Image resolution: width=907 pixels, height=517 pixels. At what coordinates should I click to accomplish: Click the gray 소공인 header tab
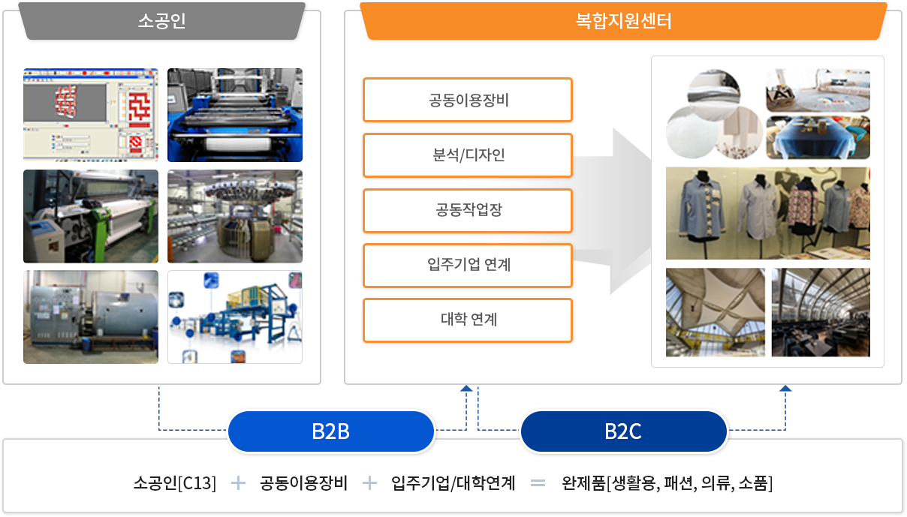tap(161, 21)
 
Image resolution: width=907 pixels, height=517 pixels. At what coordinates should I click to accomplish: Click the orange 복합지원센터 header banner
tap(623, 21)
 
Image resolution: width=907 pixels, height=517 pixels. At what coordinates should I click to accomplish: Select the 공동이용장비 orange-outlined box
tap(468, 100)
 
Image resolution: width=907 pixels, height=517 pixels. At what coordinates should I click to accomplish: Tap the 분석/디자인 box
tap(468, 155)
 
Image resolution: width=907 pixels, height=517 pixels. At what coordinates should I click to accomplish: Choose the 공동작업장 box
tap(468, 210)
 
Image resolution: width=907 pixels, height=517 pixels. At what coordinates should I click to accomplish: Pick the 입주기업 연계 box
tap(468, 266)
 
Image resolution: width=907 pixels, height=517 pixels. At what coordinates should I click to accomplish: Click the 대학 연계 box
tap(468, 320)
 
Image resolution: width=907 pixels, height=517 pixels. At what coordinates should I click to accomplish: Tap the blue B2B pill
tap(331, 431)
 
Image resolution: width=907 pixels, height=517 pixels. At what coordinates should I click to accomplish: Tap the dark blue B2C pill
tap(623, 431)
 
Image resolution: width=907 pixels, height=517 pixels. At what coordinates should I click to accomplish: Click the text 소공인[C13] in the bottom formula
tap(175, 483)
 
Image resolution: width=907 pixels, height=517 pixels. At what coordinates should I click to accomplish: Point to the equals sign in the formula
tap(538, 483)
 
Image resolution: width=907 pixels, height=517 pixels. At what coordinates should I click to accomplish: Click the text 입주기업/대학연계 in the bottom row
tap(453, 483)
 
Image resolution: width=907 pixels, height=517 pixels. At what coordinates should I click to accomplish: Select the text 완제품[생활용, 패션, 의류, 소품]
tap(667, 483)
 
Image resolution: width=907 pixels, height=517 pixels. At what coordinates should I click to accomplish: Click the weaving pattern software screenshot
tap(91, 115)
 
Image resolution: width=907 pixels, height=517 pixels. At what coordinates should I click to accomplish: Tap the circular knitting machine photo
tap(235, 216)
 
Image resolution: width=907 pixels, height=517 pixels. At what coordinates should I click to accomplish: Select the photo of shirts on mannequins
tap(767, 213)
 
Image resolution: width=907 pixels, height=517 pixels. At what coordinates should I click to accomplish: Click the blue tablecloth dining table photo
tap(818, 137)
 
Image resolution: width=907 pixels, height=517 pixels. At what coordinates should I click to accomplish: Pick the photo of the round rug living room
tap(818, 90)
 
